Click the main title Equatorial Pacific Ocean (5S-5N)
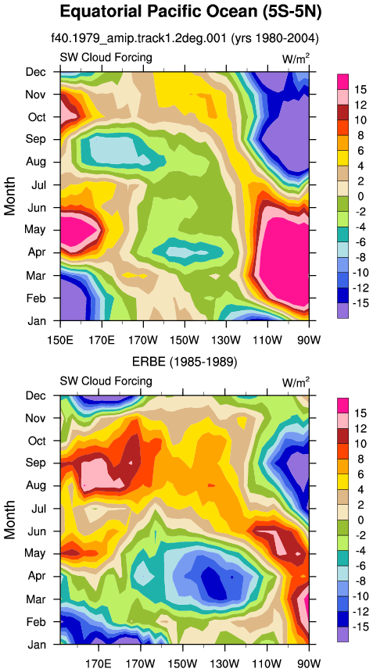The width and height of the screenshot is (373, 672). tap(190, 12)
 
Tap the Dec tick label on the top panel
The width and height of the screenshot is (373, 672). tap(37, 72)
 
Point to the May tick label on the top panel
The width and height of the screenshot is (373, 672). tap(37, 230)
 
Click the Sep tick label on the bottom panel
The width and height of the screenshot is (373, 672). tap(37, 463)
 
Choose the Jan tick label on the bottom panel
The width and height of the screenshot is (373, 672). tap(38, 644)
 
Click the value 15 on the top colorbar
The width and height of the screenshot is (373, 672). tap(360, 90)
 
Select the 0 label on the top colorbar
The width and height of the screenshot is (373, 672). tap(357, 196)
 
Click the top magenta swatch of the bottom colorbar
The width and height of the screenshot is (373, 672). tap(343, 406)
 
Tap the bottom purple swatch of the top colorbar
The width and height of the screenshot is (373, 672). tap(343, 310)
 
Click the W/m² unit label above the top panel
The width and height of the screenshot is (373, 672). tap(296, 59)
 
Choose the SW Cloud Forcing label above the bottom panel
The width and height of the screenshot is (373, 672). tap(106, 381)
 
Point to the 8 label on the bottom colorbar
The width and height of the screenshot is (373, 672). tap(357, 459)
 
